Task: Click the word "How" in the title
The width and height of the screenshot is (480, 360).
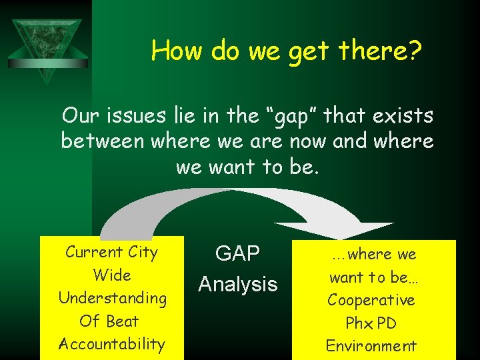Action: [177, 50]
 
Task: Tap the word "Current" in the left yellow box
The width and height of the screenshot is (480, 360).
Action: [93, 252]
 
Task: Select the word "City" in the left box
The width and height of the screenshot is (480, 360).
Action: [142, 252]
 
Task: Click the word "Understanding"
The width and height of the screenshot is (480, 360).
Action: [112, 298]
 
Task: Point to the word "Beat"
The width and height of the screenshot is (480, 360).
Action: [123, 321]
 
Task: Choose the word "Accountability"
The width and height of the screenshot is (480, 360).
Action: [112, 344]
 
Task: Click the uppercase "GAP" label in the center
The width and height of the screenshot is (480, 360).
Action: [237, 254]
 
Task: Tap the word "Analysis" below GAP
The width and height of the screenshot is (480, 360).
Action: [237, 285]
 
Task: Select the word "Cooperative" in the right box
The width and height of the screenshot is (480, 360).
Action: [371, 300]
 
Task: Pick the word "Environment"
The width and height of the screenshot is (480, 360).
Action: [371, 346]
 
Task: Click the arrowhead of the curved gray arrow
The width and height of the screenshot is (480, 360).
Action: [363, 230]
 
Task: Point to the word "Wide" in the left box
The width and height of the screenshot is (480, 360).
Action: [112, 275]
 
